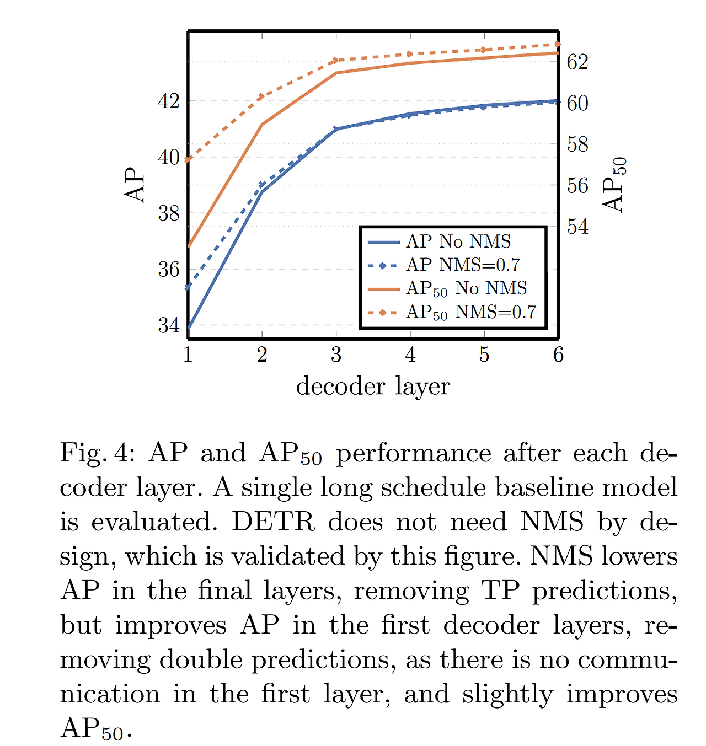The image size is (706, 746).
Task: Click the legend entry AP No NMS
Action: pos(458,241)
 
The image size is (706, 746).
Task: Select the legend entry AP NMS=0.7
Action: pos(463,265)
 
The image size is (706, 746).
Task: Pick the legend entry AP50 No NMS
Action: pos(466,288)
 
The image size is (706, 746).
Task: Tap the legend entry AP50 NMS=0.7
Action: pos(470,313)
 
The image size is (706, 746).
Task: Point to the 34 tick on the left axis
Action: pos(169,325)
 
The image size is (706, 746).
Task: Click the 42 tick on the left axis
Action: pos(169,101)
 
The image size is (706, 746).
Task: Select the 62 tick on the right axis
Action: pos(577,62)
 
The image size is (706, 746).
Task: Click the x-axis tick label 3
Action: pos(336,355)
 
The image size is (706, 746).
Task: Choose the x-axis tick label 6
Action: pos(558,355)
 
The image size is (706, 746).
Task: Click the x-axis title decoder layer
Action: pos(373,386)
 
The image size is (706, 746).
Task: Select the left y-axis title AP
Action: pos(135,185)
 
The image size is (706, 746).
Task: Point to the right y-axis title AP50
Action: pos(614,185)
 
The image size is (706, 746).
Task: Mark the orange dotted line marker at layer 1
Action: pos(188,160)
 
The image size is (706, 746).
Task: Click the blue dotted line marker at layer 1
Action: pos(188,287)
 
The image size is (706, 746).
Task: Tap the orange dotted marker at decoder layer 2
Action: pos(262,96)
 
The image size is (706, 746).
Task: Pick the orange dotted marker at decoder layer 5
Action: pos(484,50)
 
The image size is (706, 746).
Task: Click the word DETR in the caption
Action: pos(273,522)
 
